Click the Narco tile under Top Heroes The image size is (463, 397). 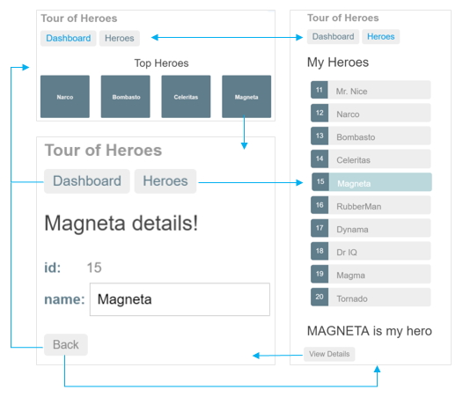(65, 97)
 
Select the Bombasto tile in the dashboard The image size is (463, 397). (126, 97)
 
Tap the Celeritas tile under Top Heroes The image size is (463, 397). (186, 97)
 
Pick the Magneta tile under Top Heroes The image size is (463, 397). (246, 97)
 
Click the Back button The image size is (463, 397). (66, 345)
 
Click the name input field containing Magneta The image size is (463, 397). (180, 299)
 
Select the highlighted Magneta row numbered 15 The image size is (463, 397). (371, 182)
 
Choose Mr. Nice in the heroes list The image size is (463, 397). (371, 90)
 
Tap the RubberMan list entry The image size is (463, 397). (371, 205)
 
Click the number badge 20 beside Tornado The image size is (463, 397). (320, 297)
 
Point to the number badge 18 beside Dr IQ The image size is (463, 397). (320, 251)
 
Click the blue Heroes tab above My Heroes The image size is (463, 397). (381, 37)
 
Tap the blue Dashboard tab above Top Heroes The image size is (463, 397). (69, 39)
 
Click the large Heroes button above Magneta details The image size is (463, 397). (165, 181)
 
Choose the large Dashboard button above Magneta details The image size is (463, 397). (87, 181)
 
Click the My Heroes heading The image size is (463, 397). (338, 62)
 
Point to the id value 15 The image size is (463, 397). (94, 268)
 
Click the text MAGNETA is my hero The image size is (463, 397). (370, 331)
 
